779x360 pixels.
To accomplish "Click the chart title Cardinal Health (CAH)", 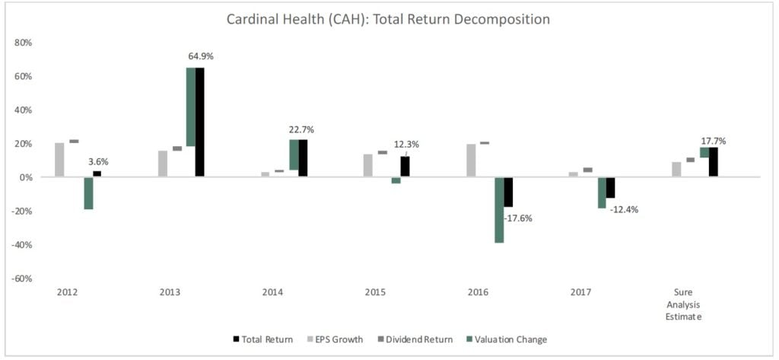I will pos(388,19).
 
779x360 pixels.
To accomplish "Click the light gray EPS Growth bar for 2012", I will pos(59,160).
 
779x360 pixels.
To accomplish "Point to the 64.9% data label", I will pos(203,56).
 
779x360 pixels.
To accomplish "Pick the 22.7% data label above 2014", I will pos(300,130).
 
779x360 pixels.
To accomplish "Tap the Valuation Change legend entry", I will pos(510,339).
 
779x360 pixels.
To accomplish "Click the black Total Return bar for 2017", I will pos(610,187).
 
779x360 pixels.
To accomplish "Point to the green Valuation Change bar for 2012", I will pos(88,193).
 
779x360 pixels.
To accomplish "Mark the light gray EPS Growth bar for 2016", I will pos(470,161).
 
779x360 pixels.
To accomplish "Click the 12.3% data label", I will pos(406,145).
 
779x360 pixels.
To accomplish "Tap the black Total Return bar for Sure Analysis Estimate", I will pos(713,162).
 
